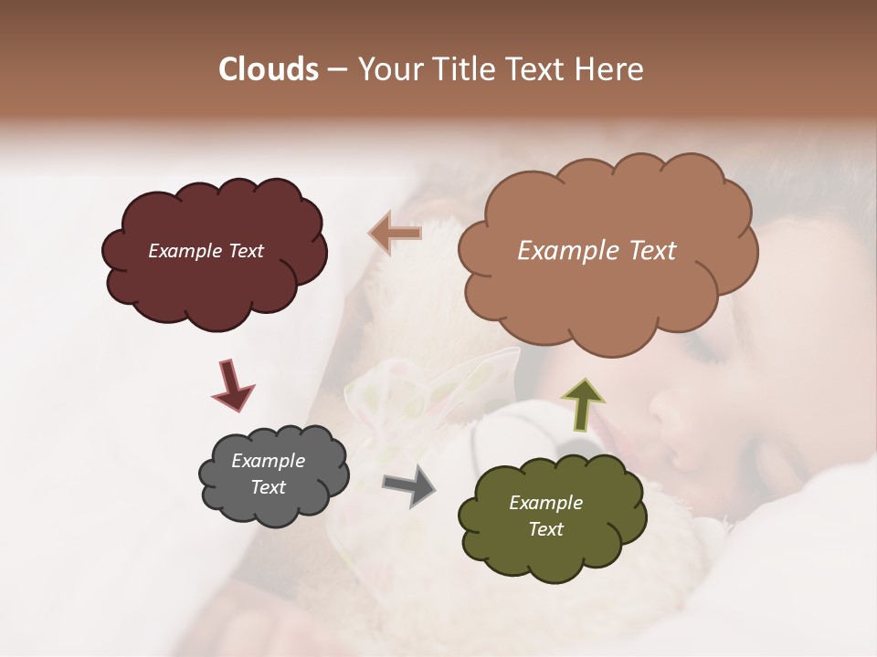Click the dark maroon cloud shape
coord(214,274)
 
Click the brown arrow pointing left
coord(395,234)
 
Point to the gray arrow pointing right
coord(409,485)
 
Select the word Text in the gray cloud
coord(269,487)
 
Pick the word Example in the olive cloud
coord(545,503)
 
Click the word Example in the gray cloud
coord(269,461)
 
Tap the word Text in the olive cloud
coord(545,529)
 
